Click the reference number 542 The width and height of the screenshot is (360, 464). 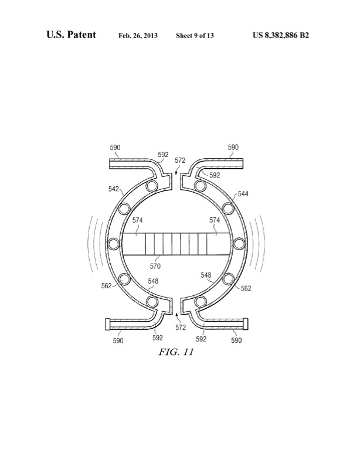click(113, 189)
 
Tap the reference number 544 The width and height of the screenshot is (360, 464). click(243, 193)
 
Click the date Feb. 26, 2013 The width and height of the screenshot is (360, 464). click(138, 36)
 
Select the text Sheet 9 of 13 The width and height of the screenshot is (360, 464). click(195, 36)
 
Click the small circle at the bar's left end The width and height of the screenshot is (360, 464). click(111, 243)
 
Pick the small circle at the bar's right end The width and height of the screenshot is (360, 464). click(239, 243)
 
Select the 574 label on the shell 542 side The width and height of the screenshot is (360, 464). click(137, 220)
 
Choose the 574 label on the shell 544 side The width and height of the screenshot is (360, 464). click(215, 220)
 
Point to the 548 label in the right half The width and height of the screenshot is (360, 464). click(207, 275)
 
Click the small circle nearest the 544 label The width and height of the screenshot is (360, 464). click(226, 206)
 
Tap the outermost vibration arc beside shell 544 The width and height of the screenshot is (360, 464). click(264, 243)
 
